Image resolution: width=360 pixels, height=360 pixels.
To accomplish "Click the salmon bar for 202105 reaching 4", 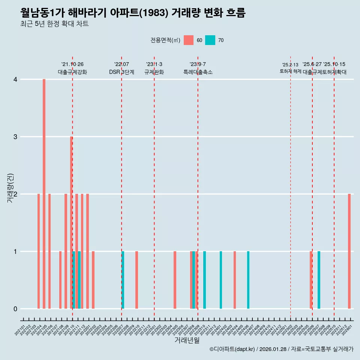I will click(x=44, y=194).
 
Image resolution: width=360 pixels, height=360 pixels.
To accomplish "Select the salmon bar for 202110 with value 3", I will click(x=71, y=222).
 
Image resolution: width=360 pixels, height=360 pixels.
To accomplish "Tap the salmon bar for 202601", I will click(x=349, y=251).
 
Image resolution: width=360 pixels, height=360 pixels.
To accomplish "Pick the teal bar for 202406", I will click(x=248, y=280).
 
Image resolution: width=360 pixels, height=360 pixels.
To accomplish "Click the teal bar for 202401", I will click(x=221, y=280).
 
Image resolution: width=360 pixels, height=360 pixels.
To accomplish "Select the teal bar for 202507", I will click(x=319, y=280).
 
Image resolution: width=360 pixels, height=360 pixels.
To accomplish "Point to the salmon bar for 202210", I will click(x=136, y=280).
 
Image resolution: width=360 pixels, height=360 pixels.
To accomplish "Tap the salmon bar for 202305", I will click(x=175, y=280).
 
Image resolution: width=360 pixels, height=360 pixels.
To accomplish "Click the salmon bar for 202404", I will click(x=235, y=280).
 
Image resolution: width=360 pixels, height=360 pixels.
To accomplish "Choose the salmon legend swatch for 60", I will click(x=189, y=40).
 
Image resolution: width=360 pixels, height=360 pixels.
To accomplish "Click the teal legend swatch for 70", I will click(x=210, y=40).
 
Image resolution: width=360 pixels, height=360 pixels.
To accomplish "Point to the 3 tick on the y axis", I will click(x=15, y=137).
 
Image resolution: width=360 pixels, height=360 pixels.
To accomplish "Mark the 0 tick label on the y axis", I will click(x=15, y=309).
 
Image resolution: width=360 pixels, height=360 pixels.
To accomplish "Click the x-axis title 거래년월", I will click(x=187, y=340).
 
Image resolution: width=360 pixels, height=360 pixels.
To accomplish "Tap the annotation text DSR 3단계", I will click(x=121, y=72).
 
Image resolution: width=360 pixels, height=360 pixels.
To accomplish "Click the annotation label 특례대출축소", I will click(x=198, y=72).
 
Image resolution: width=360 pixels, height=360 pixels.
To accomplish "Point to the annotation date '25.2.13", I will click(x=290, y=65).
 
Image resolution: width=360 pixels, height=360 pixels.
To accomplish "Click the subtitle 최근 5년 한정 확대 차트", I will click(x=55, y=24).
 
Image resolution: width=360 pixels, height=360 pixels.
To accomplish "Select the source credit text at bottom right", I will click(x=281, y=349).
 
